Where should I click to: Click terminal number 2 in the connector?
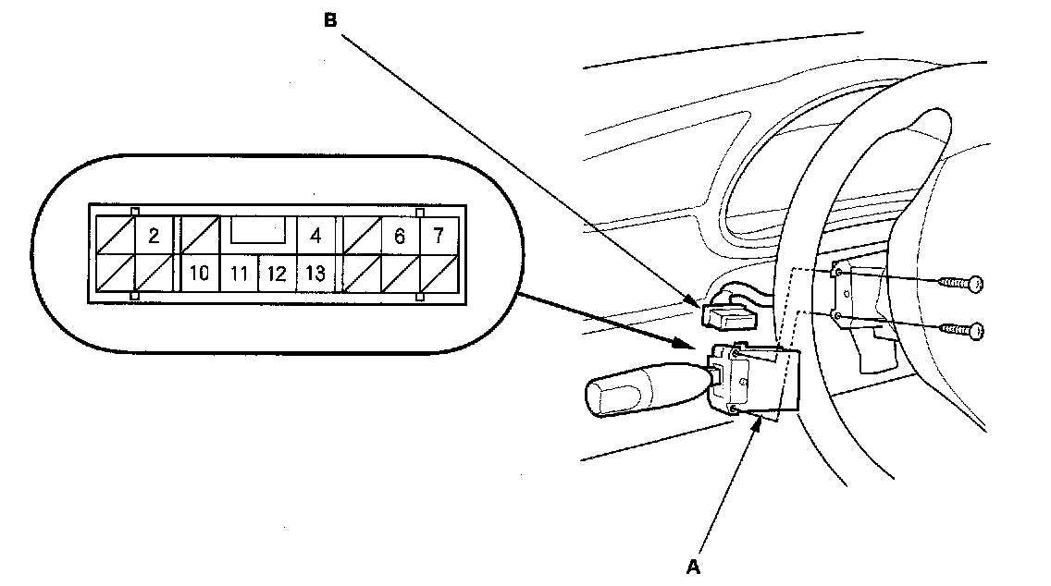(154, 237)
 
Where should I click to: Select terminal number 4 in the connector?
(315, 237)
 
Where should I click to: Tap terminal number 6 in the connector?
(399, 237)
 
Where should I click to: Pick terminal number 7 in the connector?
(439, 237)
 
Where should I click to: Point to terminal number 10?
(198, 274)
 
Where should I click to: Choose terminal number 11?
(239, 274)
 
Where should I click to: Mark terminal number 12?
(276, 274)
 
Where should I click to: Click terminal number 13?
(315, 274)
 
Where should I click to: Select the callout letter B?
(330, 20)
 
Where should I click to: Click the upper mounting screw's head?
(973, 285)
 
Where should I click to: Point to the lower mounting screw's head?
(973, 330)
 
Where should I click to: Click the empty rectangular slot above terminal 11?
(258, 230)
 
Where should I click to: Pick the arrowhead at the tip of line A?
(761, 421)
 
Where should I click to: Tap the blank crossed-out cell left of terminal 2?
(115, 237)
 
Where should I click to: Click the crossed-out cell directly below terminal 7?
(439, 274)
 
